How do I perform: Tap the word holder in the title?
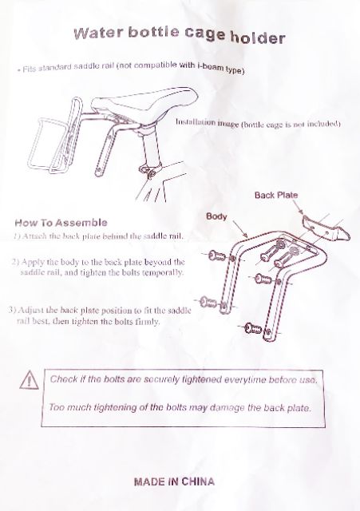(x=258, y=38)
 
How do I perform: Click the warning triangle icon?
(x=29, y=380)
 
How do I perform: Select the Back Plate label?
(x=276, y=195)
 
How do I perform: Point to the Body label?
(x=216, y=216)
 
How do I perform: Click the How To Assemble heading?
(x=61, y=223)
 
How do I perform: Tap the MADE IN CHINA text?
(x=174, y=481)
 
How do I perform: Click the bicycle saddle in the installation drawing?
(x=145, y=103)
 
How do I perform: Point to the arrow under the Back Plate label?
(x=299, y=208)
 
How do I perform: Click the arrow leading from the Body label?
(x=240, y=229)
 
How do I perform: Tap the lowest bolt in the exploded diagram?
(x=254, y=328)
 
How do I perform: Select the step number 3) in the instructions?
(x=13, y=310)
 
